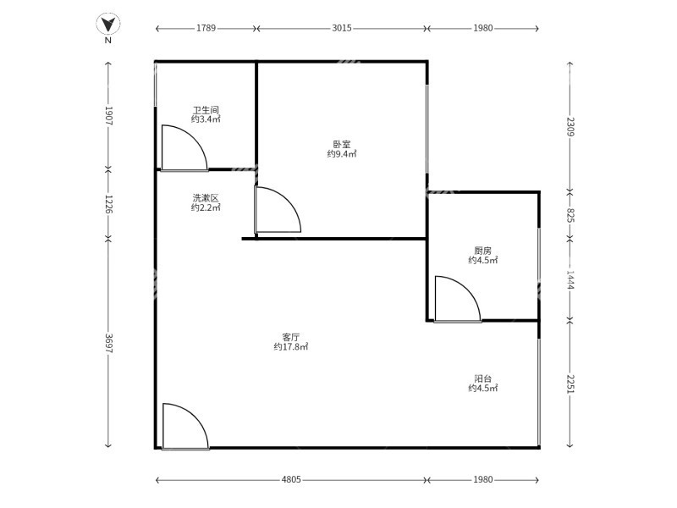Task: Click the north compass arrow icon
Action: click(107, 24)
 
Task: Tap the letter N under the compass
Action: click(107, 40)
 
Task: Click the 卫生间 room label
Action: click(206, 110)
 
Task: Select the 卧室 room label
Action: click(342, 144)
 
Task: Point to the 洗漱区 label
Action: click(206, 198)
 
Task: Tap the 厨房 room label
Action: click(482, 251)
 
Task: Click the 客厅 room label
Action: click(291, 336)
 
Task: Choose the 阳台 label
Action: click(482, 378)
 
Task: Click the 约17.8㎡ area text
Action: click(291, 347)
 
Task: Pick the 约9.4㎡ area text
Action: click(342, 154)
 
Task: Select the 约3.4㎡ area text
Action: click(206, 119)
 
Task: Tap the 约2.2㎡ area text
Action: click(206, 207)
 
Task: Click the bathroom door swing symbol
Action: click(182, 149)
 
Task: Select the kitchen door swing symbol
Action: click(456, 300)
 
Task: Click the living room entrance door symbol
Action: click(184, 427)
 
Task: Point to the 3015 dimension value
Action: click(342, 28)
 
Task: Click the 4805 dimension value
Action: click(291, 480)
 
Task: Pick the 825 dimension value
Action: click(570, 215)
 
